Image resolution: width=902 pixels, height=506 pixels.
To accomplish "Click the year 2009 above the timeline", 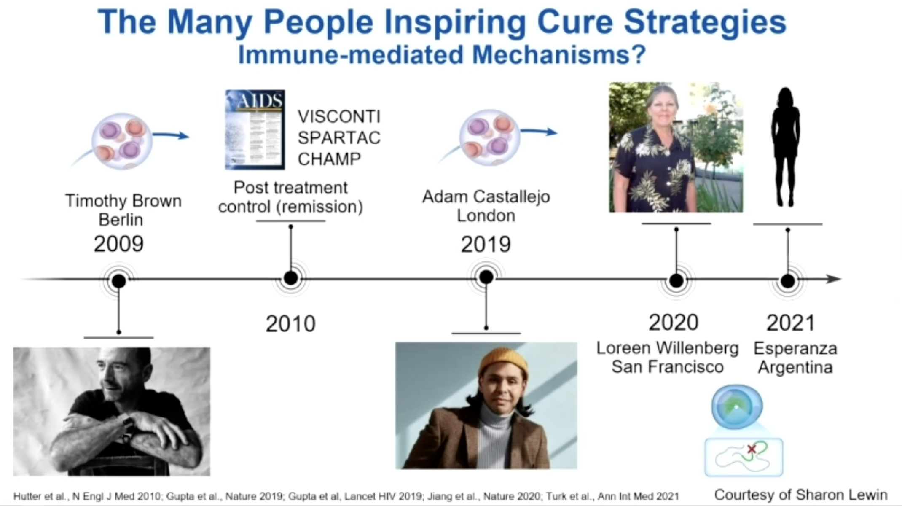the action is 119,244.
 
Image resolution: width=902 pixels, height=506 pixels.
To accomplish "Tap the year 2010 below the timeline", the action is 290,324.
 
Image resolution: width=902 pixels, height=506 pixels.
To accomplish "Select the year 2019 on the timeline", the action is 486,245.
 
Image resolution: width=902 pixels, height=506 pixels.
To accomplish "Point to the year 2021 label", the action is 791,323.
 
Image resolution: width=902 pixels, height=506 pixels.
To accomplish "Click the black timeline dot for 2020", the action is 676,280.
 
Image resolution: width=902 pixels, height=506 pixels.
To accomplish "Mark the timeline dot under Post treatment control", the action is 290,278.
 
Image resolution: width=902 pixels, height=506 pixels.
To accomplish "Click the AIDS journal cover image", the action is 255,129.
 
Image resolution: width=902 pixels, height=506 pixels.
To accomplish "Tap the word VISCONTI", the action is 339,117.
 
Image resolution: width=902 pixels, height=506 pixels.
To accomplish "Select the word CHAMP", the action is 329,159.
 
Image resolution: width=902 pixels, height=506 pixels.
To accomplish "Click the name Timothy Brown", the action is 123,201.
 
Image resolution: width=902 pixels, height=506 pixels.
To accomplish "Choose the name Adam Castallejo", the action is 486,197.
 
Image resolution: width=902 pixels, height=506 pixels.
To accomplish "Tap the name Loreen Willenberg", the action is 668,348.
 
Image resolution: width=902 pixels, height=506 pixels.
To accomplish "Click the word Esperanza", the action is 795,349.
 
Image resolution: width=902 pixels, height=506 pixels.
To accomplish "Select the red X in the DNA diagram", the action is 752,449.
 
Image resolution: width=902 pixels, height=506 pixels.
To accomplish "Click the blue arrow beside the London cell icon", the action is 539,132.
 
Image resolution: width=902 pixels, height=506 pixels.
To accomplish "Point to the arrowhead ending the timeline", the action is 834,279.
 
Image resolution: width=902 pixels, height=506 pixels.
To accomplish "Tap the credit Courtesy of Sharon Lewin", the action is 801,495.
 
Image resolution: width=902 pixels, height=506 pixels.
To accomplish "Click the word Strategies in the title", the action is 705,22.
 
